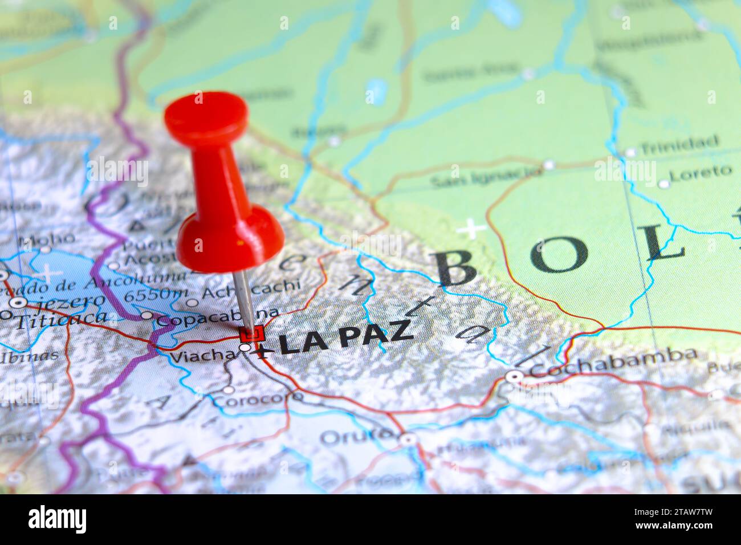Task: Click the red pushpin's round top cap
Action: (x=206, y=114)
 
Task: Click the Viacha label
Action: (x=202, y=356)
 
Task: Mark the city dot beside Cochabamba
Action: (x=514, y=376)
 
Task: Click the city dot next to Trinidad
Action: (x=630, y=152)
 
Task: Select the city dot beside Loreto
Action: (x=663, y=184)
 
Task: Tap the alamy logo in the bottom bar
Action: (x=58, y=519)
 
